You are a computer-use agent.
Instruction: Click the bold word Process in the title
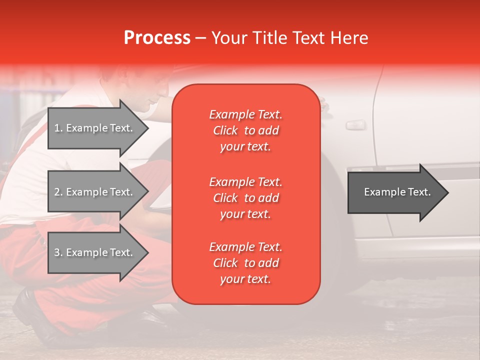point(157,38)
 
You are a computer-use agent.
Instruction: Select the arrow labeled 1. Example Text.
point(95,128)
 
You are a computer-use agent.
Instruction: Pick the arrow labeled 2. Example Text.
point(95,192)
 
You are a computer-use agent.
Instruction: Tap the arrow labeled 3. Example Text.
point(95,252)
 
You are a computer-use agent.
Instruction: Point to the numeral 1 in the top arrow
point(57,128)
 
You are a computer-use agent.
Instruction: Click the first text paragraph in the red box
point(245,130)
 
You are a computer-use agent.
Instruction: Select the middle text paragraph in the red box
point(245,197)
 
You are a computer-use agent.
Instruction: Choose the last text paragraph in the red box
point(245,263)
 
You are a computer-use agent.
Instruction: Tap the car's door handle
point(355,124)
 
